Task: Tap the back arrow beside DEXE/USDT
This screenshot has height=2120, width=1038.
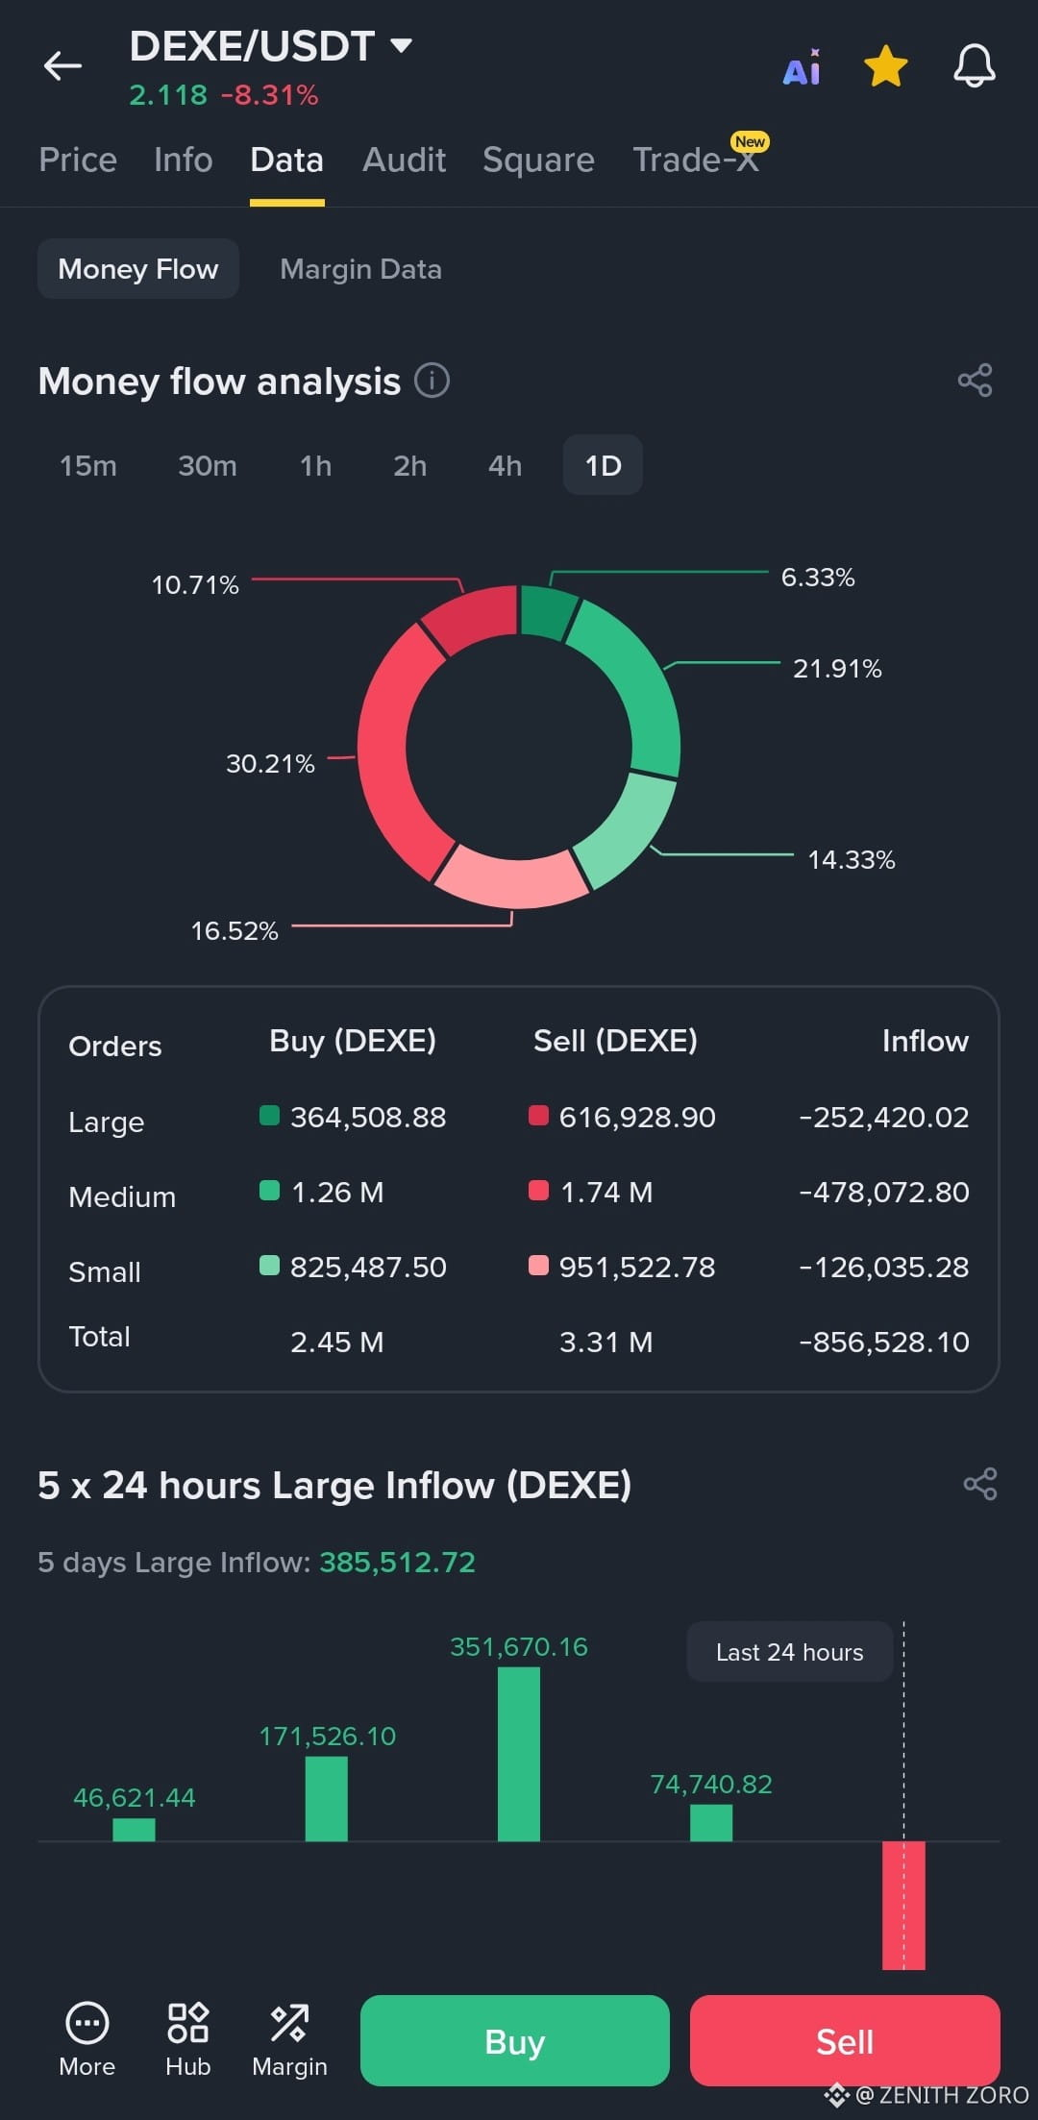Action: point(62,65)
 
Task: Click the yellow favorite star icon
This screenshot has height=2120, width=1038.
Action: point(885,66)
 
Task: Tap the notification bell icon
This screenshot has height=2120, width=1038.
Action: point(974,66)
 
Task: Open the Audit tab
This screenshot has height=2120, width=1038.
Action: point(404,160)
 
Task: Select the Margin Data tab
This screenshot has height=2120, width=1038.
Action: point(360,269)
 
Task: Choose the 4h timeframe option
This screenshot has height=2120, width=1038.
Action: point(505,465)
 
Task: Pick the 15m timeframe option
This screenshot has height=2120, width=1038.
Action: point(88,465)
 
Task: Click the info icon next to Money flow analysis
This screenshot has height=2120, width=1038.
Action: point(432,381)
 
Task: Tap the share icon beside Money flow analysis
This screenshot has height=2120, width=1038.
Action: point(975,381)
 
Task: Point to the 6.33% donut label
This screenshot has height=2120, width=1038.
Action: point(818,577)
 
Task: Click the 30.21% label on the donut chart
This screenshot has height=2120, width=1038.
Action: point(270,763)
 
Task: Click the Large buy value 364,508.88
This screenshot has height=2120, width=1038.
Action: point(368,1117)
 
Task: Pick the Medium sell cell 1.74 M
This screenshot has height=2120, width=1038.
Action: point(606,1192)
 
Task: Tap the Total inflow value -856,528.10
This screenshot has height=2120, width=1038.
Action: point(884,1342)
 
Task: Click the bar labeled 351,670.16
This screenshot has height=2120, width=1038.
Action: point(519,1754)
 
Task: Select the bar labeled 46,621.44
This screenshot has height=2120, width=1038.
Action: point(134,1830)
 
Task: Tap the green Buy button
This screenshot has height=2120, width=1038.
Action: point(515,2040)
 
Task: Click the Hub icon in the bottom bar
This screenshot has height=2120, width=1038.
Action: point(187,2022)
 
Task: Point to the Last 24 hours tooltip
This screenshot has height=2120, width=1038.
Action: point(790,1652)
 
